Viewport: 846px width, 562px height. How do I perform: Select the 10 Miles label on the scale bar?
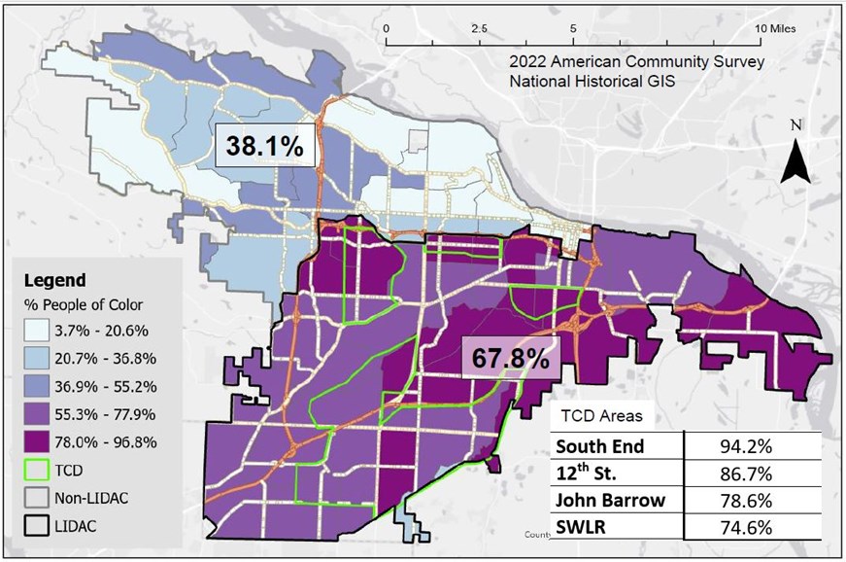[776, 28]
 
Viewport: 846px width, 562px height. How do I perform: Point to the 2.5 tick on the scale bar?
[478, 28]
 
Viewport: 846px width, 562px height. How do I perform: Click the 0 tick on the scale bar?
[387, 28]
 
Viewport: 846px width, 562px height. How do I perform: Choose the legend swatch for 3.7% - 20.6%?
[36, 332]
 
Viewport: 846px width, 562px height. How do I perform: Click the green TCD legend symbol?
[36, 471]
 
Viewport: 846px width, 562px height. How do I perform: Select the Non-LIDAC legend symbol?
[36, 499]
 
